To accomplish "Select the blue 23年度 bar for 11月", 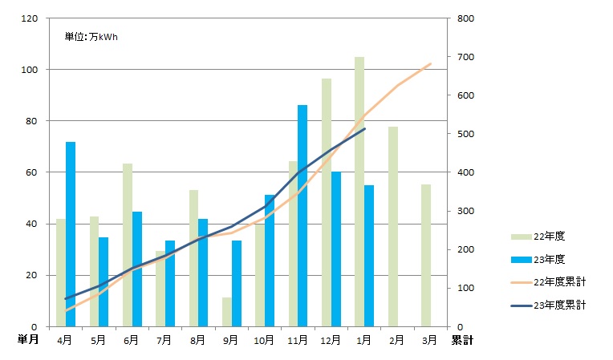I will pos(302,216).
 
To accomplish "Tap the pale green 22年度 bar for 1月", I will pos(359,192).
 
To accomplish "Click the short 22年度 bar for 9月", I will pos(227,312).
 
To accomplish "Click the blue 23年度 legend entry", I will pos(550,259).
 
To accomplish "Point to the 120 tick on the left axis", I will pos(30,18).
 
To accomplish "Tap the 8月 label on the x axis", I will pos(197,340).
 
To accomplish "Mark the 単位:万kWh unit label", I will pos(91,37).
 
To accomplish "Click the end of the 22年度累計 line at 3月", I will pos(431,63).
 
